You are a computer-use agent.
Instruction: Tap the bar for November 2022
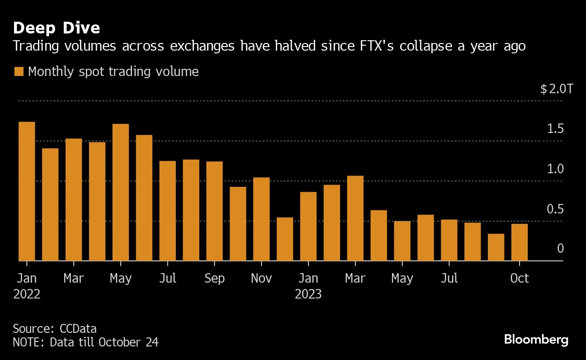pyautogui.click(x=261, y=219)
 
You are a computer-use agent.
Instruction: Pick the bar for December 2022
pyautogui.click(x=285, y=239)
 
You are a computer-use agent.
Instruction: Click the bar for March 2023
pyautogui.click(x=355, y=218)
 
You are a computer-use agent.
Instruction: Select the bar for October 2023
pyautogui.click(x=520, y=242)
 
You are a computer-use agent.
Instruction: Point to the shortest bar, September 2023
pyautogui.click(x=496, y=247)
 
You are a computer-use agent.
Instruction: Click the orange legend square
pyautogui.click(x=19, y=72)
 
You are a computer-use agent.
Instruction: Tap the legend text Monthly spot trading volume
pyautogui.click(x=113, y=71)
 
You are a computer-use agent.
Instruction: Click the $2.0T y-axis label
pyautogui.click(x=556, y=89)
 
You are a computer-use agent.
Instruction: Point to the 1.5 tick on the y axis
pyautogui.click(x=555, y=129)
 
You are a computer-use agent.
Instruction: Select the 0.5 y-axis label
pyautogui.click(x=555, y=209)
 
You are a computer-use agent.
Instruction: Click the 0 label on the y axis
pyautogui.click(x=560, y=248)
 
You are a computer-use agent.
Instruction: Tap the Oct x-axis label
pyautogui.click(x=519, y=278)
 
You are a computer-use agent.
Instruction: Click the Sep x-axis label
pyautogui.click(x=214, y=278)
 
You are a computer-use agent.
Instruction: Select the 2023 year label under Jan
pyautogui.click(x=308, y=294)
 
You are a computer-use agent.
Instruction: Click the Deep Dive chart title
pyautogui.click(x=57, y=28)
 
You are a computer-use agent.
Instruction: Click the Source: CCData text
pyautogui.click(x=55, y=329)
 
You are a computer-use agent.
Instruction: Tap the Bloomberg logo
pyautogui.click(x=536, y=340)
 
